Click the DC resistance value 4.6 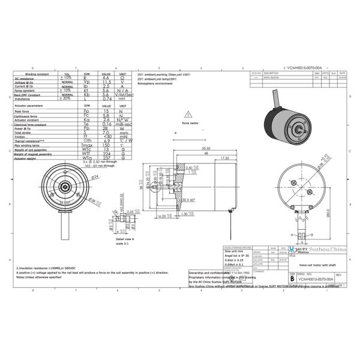[106, 77]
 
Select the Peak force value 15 [106, 111]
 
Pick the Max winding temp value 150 [106, 145]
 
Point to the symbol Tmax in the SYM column [86, 145]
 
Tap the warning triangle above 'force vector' [190, 113]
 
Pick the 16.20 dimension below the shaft [161, 215]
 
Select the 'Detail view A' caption [124, 239]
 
